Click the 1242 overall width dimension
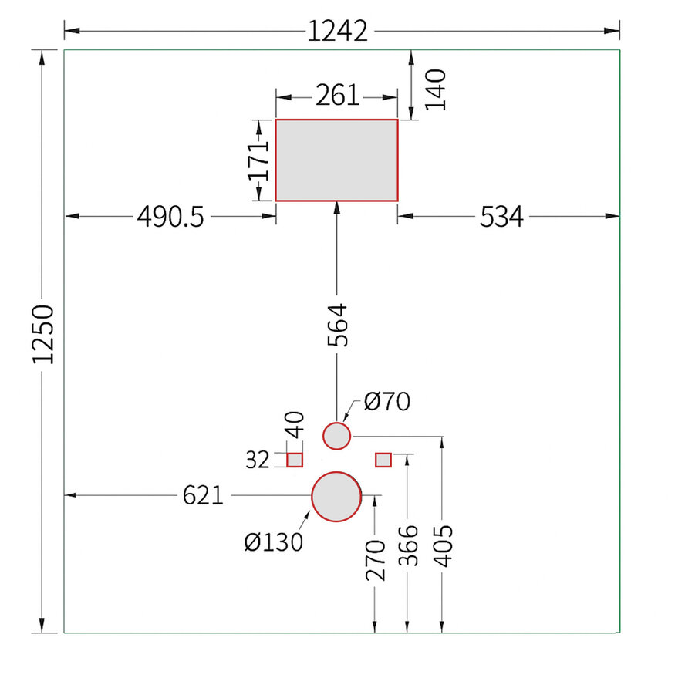(338, 32)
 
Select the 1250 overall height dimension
(43, 334)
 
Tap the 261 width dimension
(337, 95)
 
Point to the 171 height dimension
(258, 160)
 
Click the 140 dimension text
(436, 90)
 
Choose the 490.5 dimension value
(170, 217)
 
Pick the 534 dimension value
(501, 217)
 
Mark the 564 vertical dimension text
(337, 325)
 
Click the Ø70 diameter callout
(387, 401)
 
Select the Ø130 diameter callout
(274, 542)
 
